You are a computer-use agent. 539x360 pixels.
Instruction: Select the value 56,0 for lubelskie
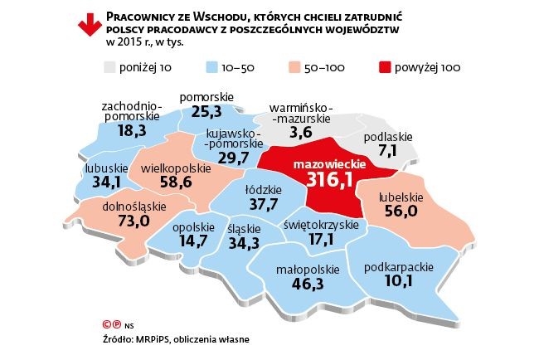coord(401,212)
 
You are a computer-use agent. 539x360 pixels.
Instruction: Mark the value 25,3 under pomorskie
coord(205,110)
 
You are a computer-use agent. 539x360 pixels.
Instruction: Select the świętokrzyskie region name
coord(321,225)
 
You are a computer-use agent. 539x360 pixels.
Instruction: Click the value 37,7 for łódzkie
coord(264,203)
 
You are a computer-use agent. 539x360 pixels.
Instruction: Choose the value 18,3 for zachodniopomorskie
coord(132,130)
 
